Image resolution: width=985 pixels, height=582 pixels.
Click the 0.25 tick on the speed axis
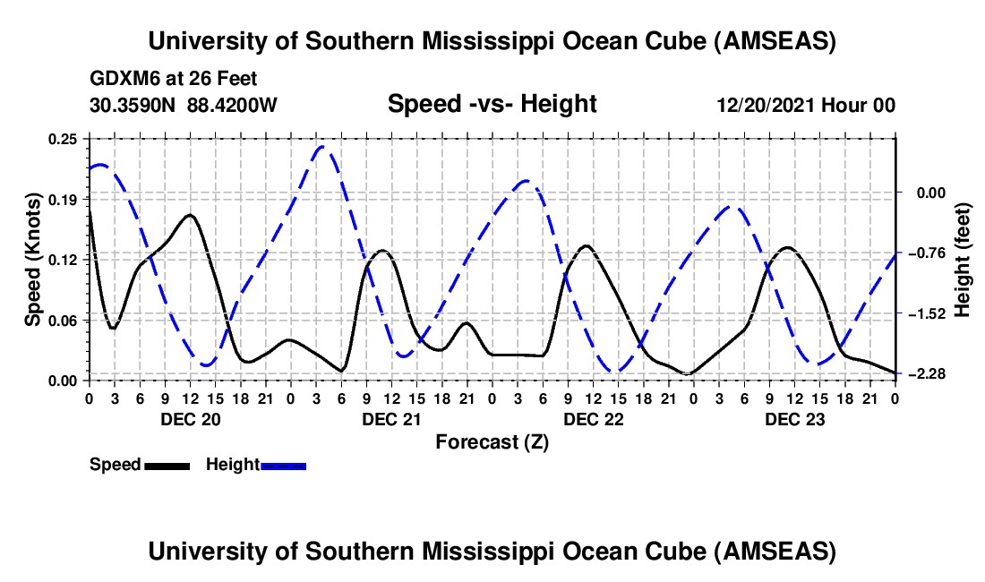[64, 138]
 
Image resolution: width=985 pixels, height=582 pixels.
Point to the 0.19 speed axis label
[64, 198]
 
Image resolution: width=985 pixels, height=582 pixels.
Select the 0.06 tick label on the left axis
[64, 320]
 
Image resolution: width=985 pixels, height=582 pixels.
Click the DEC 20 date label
[190, 419]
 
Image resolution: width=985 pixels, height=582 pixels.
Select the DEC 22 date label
[593, 419]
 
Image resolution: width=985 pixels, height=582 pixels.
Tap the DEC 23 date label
[794, 419]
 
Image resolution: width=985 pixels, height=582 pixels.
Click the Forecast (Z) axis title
[492, 441]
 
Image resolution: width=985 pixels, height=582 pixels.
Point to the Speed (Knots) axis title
[33, 259]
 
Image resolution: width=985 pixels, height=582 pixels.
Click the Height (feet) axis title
[963, 259]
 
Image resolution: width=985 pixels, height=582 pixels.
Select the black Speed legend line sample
[167, 466]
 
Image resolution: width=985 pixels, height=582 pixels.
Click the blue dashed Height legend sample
[284, 466]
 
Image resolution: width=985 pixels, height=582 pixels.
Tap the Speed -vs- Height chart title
[492, 105]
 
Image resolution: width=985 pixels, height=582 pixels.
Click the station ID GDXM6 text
[123, 79]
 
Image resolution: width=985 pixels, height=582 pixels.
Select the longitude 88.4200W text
[232, 106]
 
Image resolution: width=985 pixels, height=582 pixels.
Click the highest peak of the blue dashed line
[323, 146]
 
